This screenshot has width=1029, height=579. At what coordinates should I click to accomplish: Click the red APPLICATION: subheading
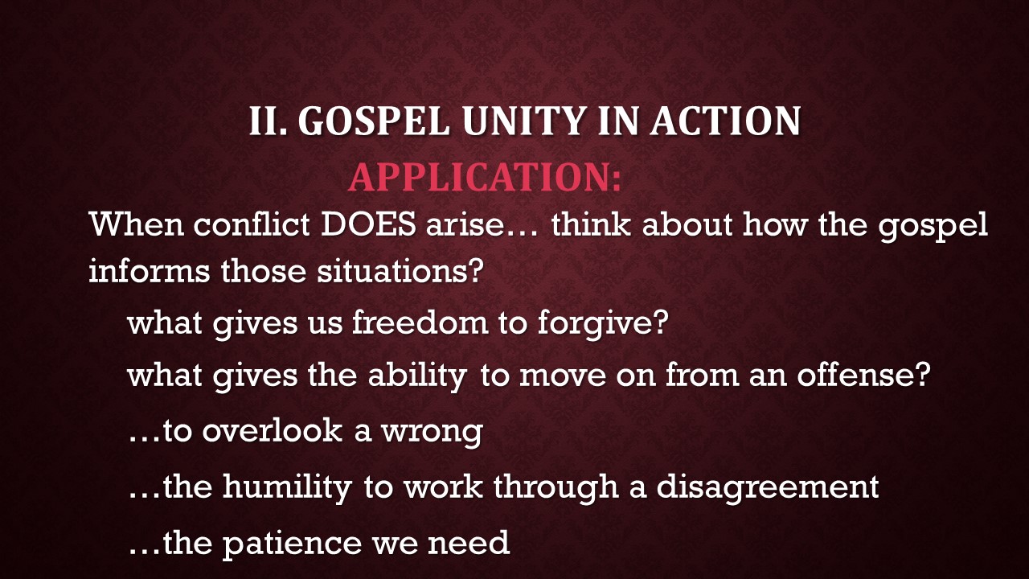(x=485, y=177)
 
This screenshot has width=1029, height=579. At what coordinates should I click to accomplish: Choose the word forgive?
(x=603, y=323)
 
